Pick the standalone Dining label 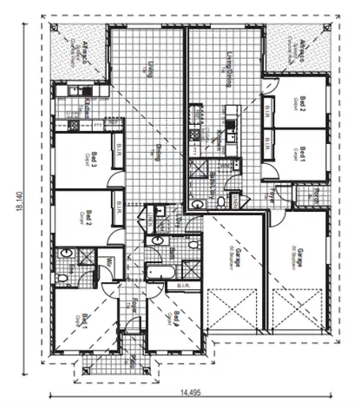point(159,153)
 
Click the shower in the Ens point(85,256)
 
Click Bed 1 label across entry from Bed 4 point(84,319)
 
